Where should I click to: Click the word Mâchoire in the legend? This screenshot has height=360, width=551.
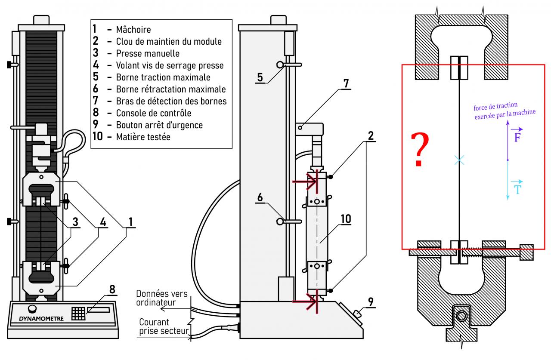(x=133, y=30)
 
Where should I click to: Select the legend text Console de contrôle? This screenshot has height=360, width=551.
(x=154, y=113)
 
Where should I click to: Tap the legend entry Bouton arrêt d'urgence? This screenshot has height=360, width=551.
(x=159, y=125)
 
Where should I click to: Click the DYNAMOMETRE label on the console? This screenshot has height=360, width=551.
(x=41, y=319)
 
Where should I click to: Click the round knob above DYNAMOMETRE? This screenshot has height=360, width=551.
(x=32, y=309)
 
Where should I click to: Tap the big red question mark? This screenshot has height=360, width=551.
(x=420, y=149)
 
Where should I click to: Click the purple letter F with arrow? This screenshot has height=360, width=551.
(x=517, y=135)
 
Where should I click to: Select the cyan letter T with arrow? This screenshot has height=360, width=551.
(x=517, y=188)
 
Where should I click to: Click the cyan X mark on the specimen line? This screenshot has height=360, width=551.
(x=459, y=160)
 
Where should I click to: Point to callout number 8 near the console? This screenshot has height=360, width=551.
(x=112, y=289)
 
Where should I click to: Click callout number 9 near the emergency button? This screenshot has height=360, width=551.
(x=371, y=302)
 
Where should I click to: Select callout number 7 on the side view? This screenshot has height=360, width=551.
(x=346, y=83)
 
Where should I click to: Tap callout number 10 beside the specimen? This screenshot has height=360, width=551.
(x=346, y=219)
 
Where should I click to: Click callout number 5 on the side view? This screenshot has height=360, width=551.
(x=260, y=77)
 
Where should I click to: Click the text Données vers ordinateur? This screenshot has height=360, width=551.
(x=162, y=298)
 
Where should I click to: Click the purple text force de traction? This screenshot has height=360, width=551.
(x=495, y=106)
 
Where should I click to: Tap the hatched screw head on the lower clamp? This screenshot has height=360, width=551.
(x=526, y=252)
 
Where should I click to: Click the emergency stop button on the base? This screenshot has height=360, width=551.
(x=357, y=314)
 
